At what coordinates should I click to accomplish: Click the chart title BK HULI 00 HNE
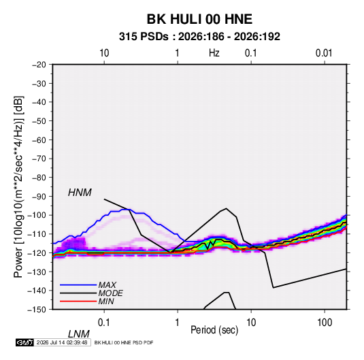point(199,19)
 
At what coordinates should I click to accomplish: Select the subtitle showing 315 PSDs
point(199,37)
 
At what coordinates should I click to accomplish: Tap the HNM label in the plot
point(80,193)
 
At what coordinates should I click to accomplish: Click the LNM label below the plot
point(79,334)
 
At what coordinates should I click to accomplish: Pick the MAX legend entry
point(107,284)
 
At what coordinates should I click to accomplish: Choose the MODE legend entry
point(110,293)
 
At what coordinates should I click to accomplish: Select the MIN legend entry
point(106,301)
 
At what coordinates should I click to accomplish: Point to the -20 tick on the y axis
point(39,65)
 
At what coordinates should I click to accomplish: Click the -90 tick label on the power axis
point(39,197)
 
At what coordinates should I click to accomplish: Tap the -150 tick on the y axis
point(37,310)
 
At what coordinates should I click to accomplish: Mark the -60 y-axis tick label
point(39,140)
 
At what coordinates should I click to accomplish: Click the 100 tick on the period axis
point(325,323)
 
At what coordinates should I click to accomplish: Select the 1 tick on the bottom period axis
point(178,323)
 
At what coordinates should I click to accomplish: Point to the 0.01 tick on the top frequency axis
point(324,53)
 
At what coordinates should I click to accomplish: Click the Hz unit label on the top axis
point(214,53)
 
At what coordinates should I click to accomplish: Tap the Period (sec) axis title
point(214,330)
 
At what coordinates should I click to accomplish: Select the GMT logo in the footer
point(25,342)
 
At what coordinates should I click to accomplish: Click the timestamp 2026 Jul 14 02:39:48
point(62,342)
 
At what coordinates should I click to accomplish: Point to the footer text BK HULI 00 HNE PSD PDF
point(124,342)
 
